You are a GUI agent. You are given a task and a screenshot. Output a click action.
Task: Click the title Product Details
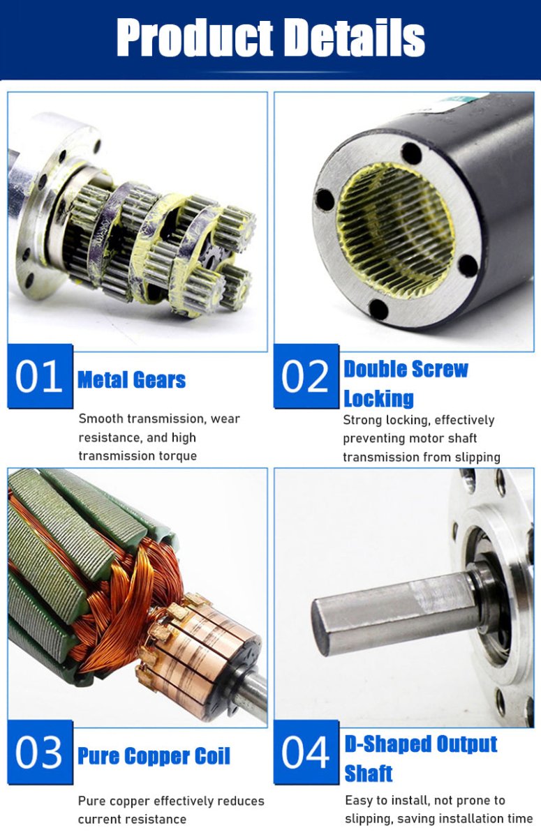pyautogui.click(x=271, y=38)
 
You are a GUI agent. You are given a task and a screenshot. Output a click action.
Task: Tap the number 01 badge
pyautogui.click(x=40, y=376)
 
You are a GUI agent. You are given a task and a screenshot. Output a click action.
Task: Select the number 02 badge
pyautogui.click(x=306, y=376)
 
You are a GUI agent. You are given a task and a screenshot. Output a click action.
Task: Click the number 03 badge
pyautogui.click(x=40, y=752)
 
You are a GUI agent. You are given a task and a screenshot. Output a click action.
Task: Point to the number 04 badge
pyautogui.click(x=306, y=752)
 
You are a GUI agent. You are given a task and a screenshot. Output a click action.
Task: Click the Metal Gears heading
pyautogui.click(x=132, y=380)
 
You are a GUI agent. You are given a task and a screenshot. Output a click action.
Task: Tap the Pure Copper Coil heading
pyautogui.click(x=154, y=756)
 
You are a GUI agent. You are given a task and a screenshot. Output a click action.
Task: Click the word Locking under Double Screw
pyautogui.click(x=379, y=399)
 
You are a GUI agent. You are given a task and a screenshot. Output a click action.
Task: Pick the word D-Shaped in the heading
pyautogui.click(x=387, y=744)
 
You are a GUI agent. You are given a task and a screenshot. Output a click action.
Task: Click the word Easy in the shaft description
pyautogui.click(x=360, y=801)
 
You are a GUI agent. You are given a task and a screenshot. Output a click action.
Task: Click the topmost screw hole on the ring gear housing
pyautogui.click(x=412, y=153)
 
